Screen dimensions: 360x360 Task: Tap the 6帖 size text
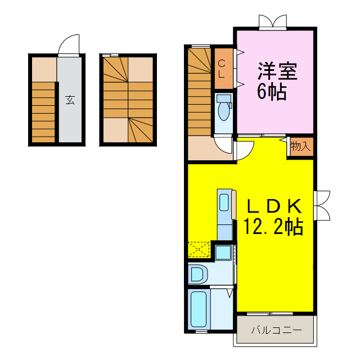tap(272, 91)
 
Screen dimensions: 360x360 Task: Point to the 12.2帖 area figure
tap(273, 227)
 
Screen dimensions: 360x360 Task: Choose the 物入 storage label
tap(300, 147)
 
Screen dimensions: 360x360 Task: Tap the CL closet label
tap(222, 68)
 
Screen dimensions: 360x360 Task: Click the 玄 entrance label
tap(70, 100)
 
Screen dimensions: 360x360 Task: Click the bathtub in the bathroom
tap(198, 309)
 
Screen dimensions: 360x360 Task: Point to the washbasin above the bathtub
tap(199, 274)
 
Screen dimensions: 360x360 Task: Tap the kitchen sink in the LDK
tap(224, 202)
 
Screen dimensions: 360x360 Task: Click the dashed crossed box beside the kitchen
tap(199, 249)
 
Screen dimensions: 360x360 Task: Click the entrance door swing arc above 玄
tap(69, 44)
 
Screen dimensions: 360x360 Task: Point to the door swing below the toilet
tap(224, 146)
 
